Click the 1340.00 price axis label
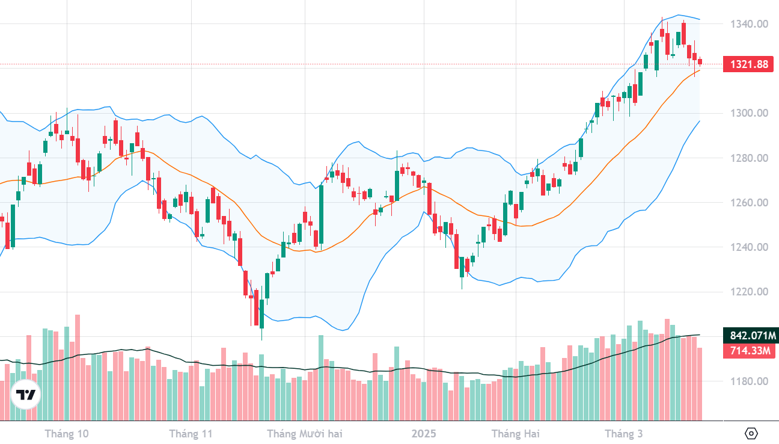tap(750, 24)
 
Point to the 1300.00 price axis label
tap(750, 113)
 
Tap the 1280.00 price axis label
tap(750, 158)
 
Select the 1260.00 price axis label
tap(750, 203)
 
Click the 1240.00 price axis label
tap(750, 247)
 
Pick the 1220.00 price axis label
tap(750, 292)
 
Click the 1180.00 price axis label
tap(750, 381)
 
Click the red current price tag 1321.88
tap(749, 64)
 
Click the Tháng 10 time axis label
tap(67, 434)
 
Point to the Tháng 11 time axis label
tap(191, 434)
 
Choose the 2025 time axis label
tap(424, 434)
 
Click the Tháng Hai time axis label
tap(516, 434)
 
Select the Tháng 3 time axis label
tap(623, 434)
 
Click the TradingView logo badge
tap(25, 395)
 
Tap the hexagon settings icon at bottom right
tap(751, 433)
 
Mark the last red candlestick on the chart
tap(700, 61)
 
